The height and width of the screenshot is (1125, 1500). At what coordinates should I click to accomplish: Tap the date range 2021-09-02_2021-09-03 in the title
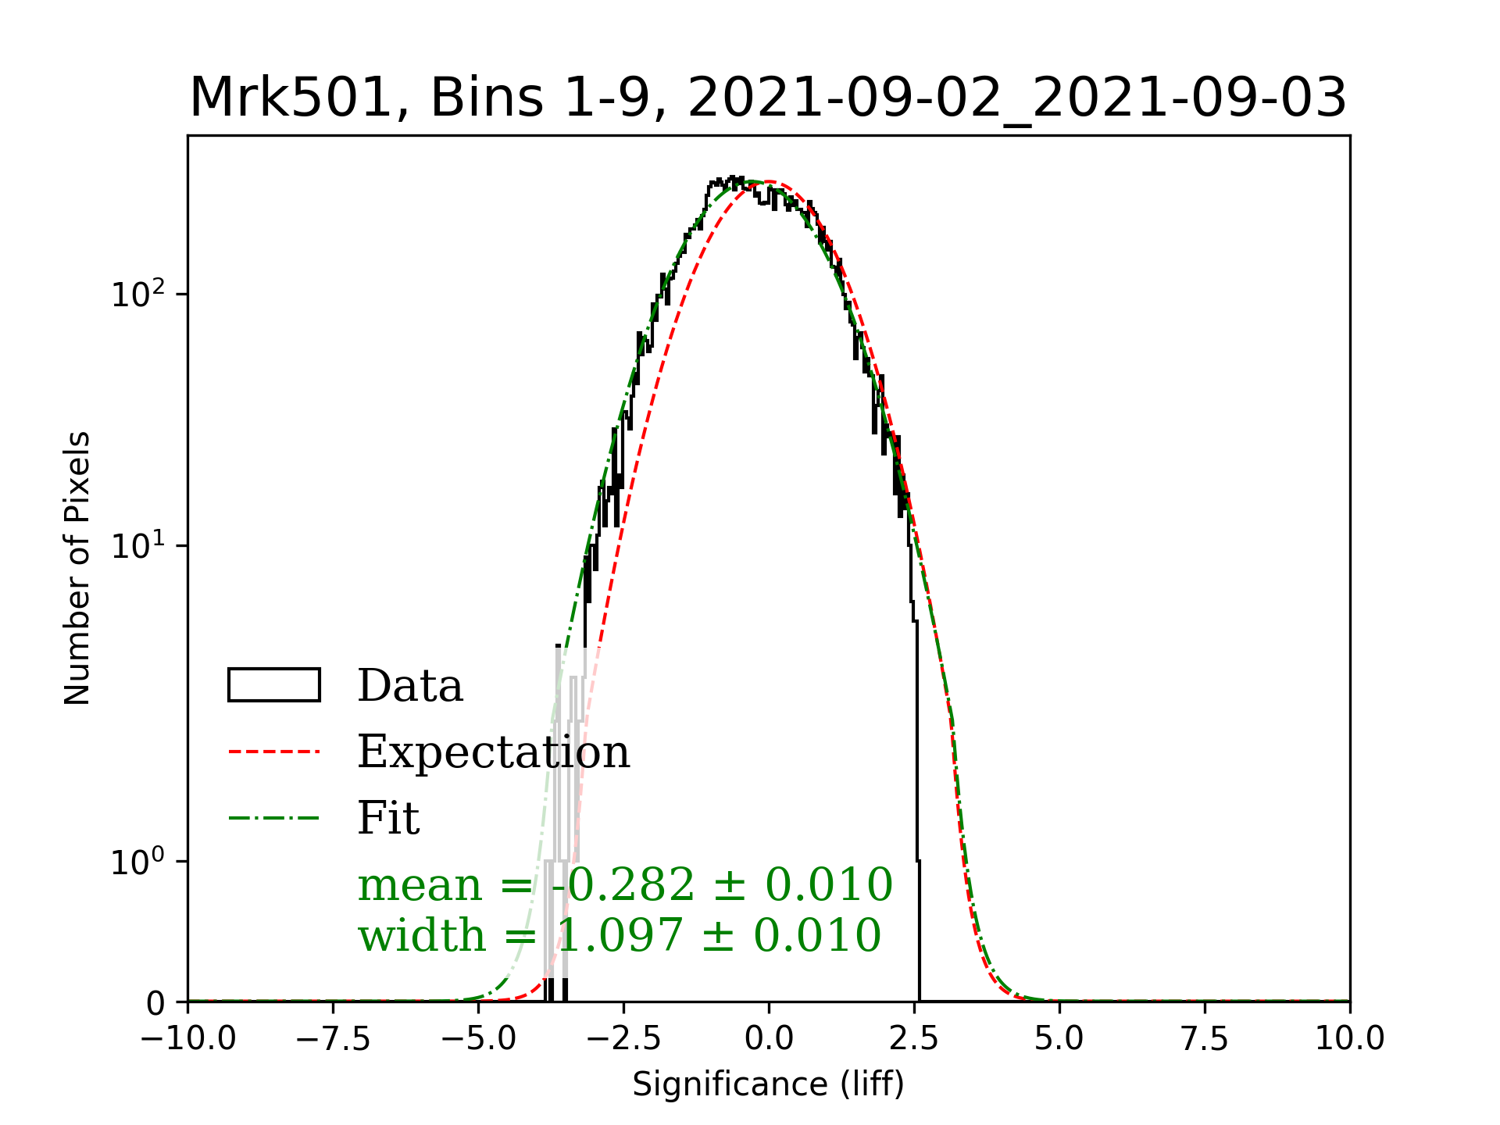tap(1017, 98)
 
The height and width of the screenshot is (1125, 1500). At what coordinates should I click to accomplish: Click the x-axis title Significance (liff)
tap(768, 1084)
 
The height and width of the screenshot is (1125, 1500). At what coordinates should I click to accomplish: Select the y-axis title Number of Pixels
tap(77, 568)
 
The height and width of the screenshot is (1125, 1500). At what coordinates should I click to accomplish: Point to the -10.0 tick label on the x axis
tap(187, 1038)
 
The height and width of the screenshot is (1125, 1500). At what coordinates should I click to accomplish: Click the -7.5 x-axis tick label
tap(333, 1038)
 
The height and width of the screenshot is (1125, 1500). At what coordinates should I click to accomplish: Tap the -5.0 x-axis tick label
tap(478, 1038)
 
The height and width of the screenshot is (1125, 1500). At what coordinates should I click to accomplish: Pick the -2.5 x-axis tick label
tap(623, 1038)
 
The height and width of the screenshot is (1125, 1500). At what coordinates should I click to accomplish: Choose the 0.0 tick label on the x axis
tap(769, 1038)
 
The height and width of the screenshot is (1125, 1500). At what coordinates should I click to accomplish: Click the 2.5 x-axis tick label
tap(914, 1038)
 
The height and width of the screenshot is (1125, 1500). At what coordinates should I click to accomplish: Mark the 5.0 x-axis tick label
tap(1059, 1038)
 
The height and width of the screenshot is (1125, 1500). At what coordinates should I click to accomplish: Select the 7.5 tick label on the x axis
tap(1205, 1038)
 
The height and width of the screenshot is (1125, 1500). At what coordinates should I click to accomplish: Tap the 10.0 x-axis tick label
tap(1350, 1038)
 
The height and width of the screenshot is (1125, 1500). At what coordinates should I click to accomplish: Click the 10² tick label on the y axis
tap(138, 295)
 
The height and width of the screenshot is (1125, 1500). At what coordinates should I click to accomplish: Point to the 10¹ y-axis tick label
tap(138, 545)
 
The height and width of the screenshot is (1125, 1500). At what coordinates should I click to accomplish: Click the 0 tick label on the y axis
tap(156, 1003)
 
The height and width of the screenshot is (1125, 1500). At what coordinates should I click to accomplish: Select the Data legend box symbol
tap(273, 685)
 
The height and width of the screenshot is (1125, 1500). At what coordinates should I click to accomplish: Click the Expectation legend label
tap(493, 752)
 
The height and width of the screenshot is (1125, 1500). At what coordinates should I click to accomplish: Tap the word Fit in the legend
tap(388, 818)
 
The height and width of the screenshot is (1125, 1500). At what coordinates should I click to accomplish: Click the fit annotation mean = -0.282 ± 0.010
tap(625, 884)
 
